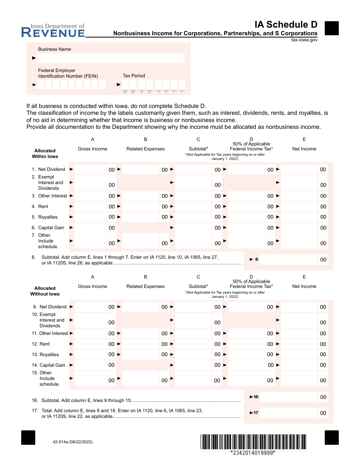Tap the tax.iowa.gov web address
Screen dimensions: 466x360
[304, 39]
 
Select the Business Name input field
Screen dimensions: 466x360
[111, 58]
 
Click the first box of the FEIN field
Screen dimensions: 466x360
[41, 84]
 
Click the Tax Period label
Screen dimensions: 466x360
[134, 76]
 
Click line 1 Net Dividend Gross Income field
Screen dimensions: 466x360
[90, 169]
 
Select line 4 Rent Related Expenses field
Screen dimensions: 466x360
[140, 206]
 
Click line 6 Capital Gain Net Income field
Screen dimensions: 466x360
[299, 228]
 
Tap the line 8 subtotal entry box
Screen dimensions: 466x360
[288, 260]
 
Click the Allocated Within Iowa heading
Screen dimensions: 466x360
[45, 153]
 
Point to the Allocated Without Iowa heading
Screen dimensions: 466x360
[45, 291]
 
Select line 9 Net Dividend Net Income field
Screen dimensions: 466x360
[299, 307]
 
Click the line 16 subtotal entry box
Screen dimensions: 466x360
[288, 397]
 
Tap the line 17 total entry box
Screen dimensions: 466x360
[288, 413]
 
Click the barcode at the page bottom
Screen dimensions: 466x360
[253, 442]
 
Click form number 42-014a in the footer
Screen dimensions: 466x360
[70, 442]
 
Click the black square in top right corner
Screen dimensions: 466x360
[332, 28]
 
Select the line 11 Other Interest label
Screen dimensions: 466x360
[53, 333]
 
